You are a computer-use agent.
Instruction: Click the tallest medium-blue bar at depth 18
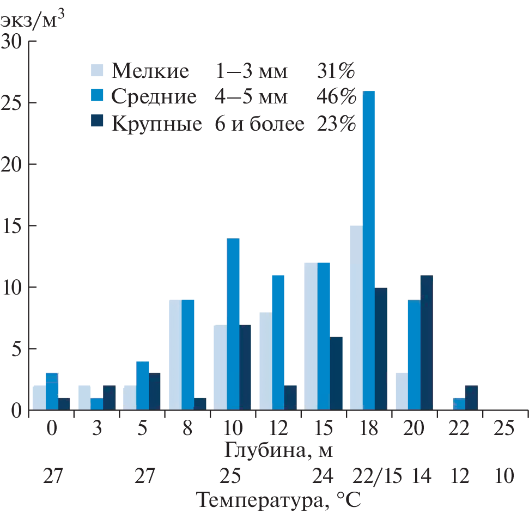coord(369,250)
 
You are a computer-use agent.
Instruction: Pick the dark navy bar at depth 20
coord(427,342)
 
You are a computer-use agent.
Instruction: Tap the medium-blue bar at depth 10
coord(233,324)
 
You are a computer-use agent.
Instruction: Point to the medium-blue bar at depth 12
coord(278,342)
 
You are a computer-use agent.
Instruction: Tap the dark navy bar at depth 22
coord(472,397)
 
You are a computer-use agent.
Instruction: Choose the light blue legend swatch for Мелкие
coord(96,70)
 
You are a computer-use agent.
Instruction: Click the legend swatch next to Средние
coord(96,96)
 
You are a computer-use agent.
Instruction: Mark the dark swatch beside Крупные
coord(96,123)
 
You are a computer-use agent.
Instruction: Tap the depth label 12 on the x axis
coord(278,428)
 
